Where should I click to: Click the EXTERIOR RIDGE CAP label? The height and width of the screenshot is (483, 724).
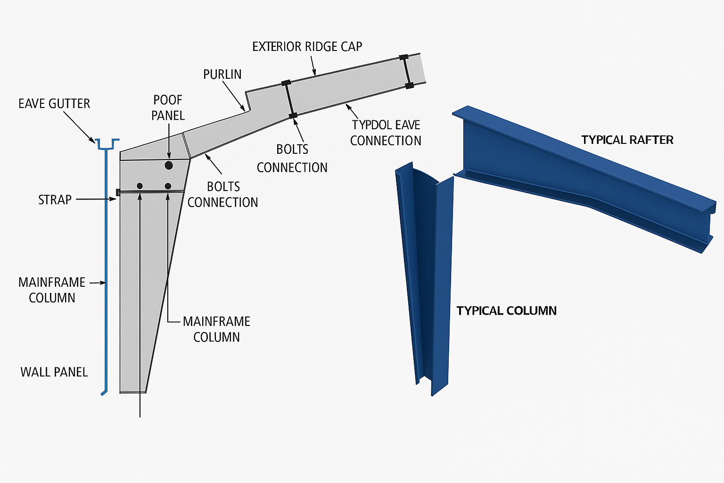[x=307, y=47]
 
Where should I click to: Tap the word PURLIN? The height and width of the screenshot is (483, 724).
[x=222, y=75]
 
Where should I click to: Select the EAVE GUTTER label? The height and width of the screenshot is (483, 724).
[x=54, y=104]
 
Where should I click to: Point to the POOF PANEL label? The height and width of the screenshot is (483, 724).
[x=168, y=108]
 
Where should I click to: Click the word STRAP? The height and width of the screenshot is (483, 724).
[x=55, y=200]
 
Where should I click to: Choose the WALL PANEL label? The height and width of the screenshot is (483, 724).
[x=54, y=372]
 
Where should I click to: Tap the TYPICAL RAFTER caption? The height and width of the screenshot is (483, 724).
[x=627, y=140]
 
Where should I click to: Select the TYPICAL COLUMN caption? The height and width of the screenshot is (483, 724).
[x=506, y=311]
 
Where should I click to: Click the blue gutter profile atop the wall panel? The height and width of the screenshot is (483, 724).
[x=107, y=144]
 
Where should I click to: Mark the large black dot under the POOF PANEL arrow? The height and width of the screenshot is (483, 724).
[x=169, y=166]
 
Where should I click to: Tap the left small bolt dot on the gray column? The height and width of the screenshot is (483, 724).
[x=140, y=186]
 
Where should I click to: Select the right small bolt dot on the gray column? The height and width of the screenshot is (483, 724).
[x=168, y=186]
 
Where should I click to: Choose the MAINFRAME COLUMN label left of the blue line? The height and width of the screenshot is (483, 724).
[x=52, y=290]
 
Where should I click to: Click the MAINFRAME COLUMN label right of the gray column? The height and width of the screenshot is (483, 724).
[x=216, y=329]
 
